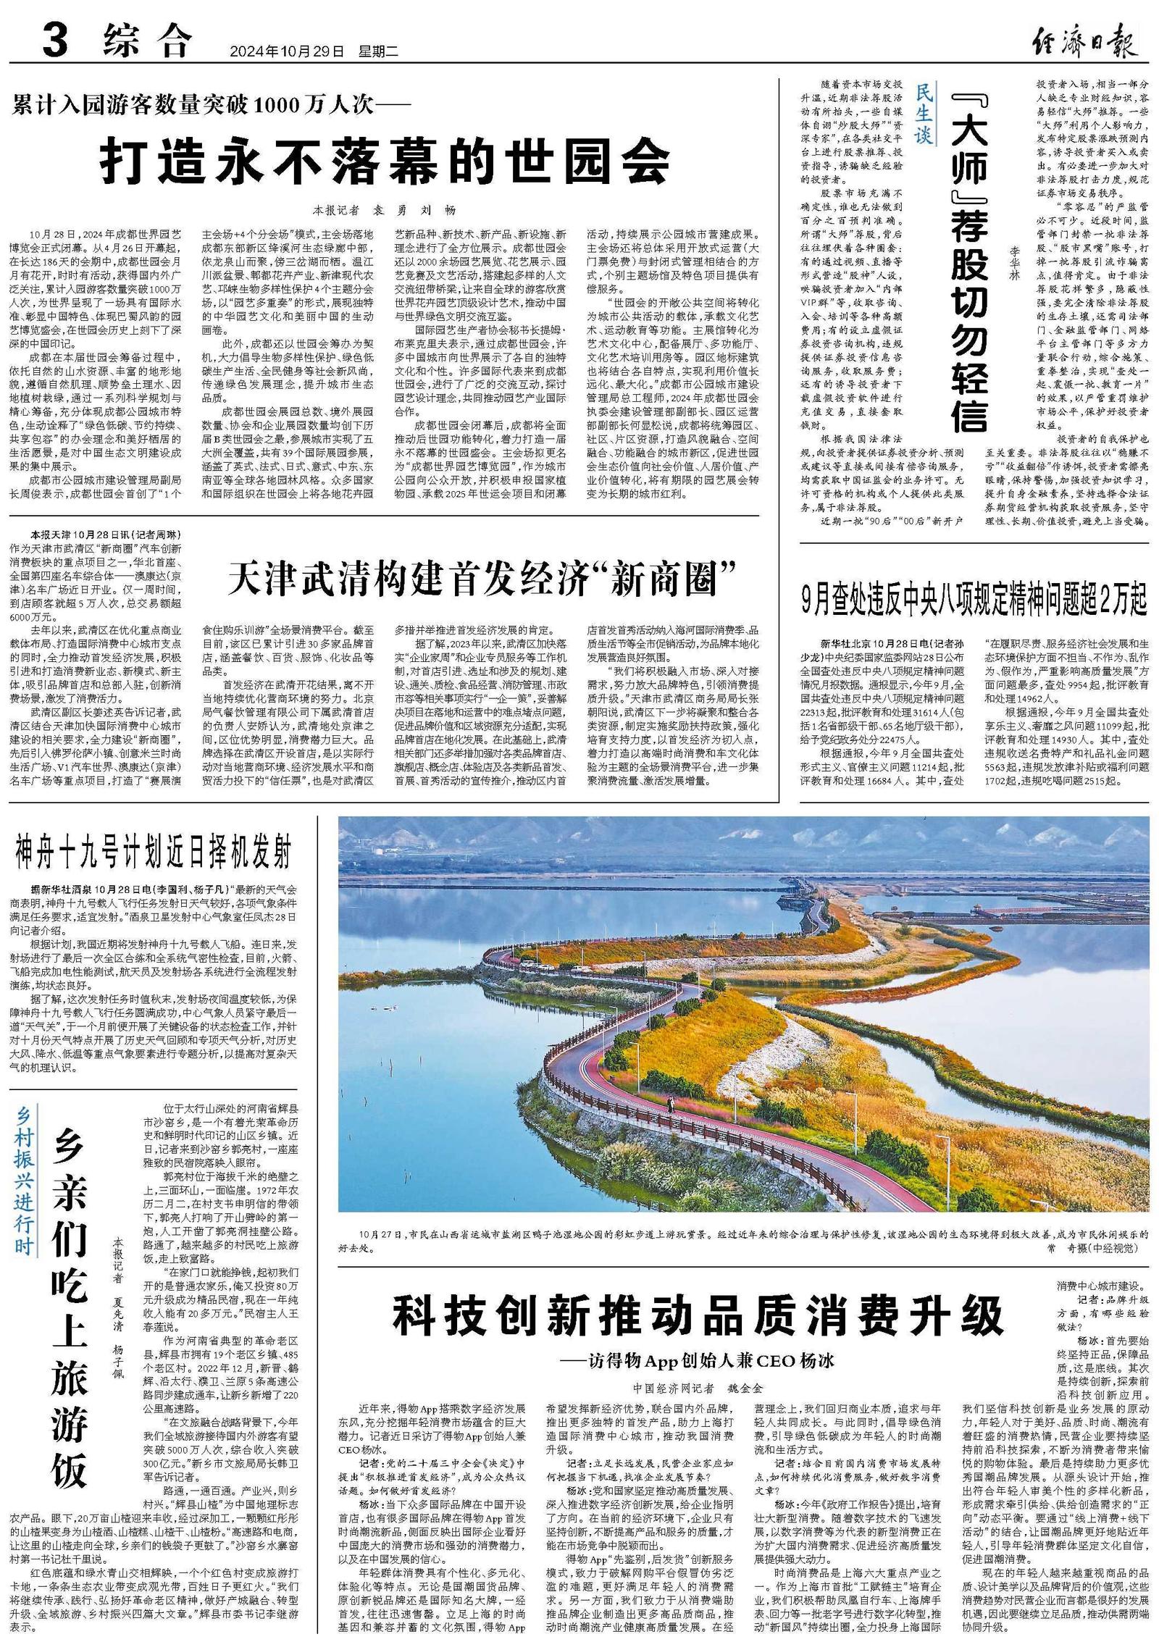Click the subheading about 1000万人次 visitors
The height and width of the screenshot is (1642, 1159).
tap(211, 106)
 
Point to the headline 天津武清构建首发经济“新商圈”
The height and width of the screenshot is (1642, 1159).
tap(482, 579)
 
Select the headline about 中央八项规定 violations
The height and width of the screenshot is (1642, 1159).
tap(974, 600)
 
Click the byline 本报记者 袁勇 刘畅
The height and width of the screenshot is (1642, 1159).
tap(385, 210)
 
